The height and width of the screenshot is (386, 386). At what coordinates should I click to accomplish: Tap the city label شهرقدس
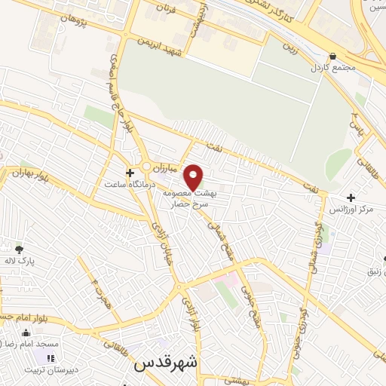(165, 364)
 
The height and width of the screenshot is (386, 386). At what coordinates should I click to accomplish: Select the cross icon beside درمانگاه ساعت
(130, 173)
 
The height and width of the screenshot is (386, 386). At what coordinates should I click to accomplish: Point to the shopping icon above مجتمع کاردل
(333, 55)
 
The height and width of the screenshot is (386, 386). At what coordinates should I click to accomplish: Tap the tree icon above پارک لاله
(19, 249)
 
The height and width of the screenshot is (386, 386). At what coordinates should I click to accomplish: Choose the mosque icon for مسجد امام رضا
(26, 332)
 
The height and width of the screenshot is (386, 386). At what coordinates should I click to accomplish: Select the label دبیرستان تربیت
(50, 369)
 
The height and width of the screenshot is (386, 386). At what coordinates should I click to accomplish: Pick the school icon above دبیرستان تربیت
(51, 358)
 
